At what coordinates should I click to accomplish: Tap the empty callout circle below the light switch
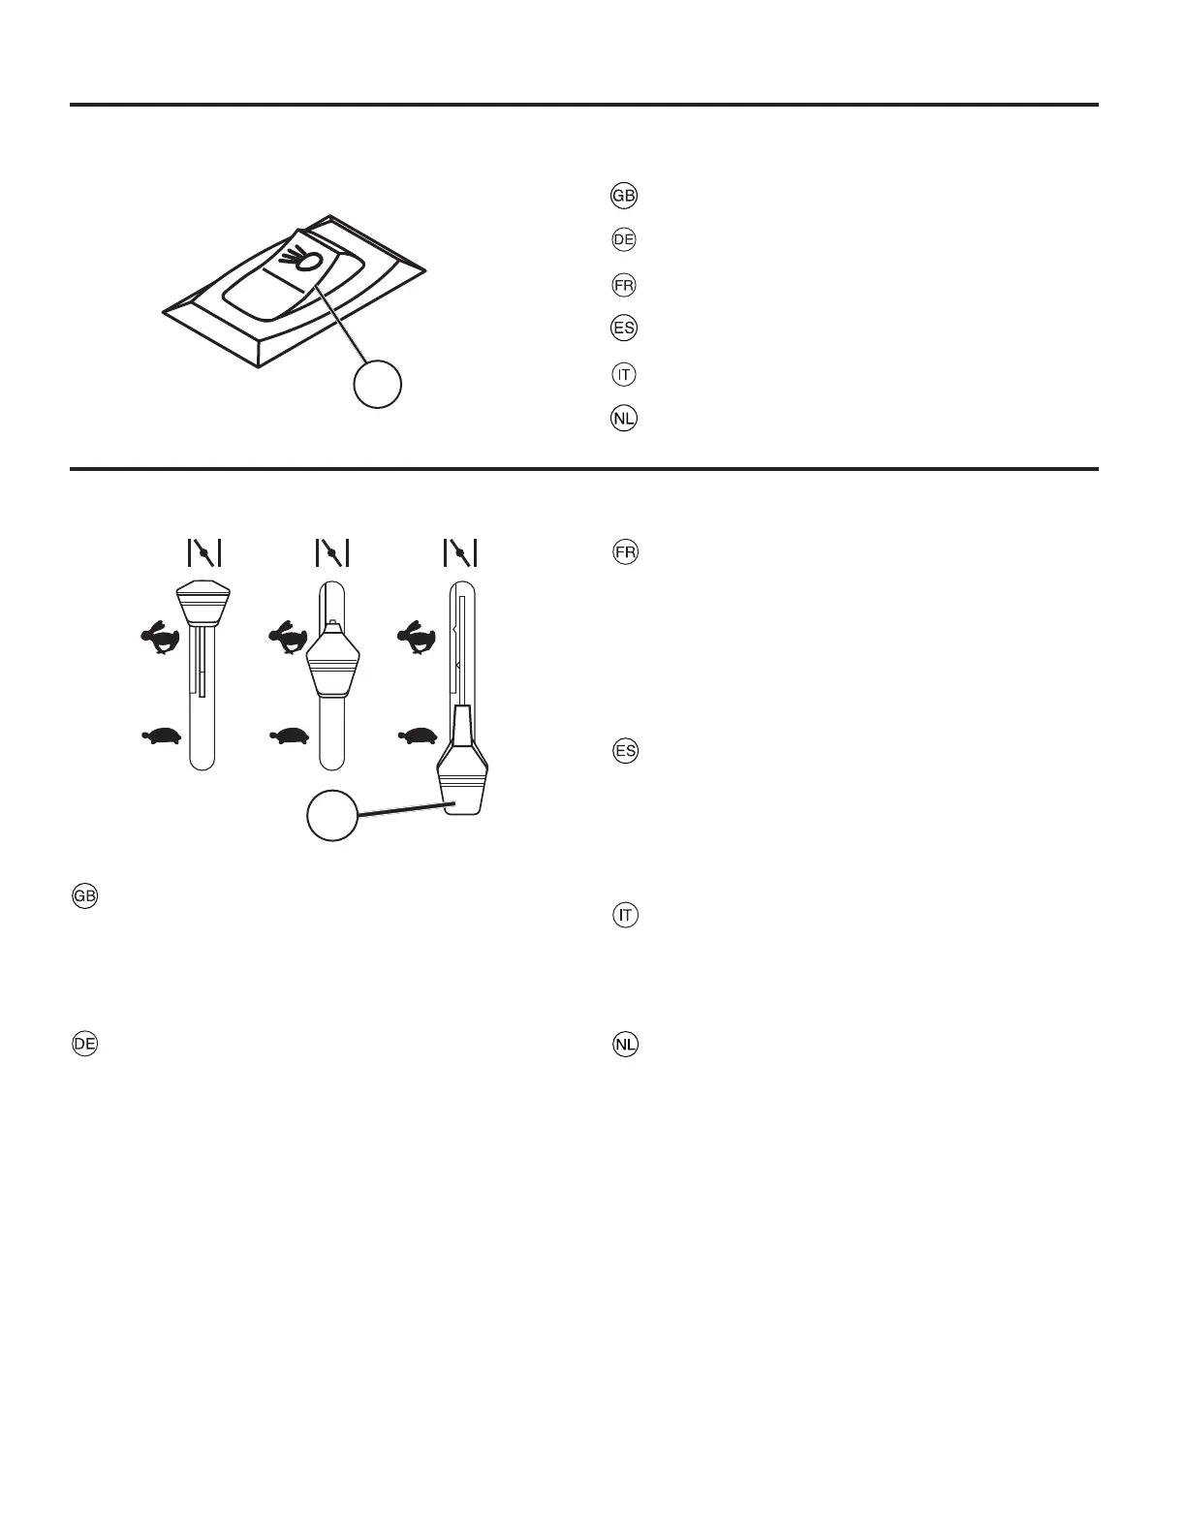[377, 385]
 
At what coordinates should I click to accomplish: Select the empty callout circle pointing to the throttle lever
[331, 816]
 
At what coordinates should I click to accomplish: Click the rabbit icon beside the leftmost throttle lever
[159, 640]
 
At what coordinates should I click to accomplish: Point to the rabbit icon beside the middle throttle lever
[287, 640]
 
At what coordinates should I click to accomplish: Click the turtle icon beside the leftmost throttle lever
[161, 737]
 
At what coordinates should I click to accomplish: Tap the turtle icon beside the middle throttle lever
[290, 737]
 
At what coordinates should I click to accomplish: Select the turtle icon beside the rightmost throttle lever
[418, 737]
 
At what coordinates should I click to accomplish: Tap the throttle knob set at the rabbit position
[332, 661]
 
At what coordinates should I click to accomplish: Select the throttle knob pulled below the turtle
[462, 775]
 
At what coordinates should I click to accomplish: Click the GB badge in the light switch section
[623, 195]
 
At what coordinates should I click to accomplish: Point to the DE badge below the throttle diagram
[84, 1044]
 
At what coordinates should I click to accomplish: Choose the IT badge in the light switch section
[625, 374]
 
